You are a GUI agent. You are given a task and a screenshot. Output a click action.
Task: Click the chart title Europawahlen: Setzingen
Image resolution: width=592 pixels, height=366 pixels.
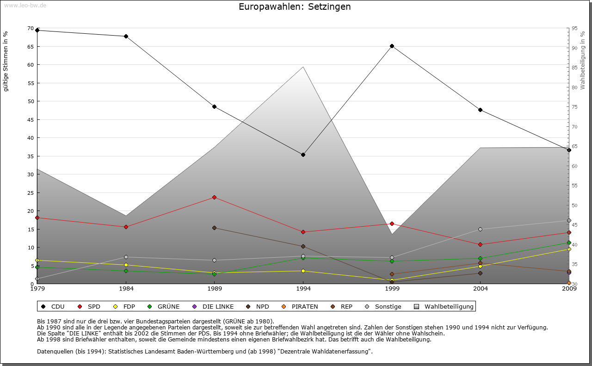pyautogui.click(x=295, y=7)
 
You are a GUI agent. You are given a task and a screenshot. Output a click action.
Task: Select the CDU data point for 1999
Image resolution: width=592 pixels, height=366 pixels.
pyautogui.click(x=392, y=46)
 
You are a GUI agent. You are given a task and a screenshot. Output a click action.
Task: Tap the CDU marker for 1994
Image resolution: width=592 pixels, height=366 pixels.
pyautogui.click(x=303, y=155)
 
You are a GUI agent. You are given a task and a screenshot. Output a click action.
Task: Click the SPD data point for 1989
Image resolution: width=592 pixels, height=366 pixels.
pyautogui.click(x=214, y=197)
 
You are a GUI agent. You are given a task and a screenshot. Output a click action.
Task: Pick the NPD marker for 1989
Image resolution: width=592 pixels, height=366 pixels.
pyautogui.click(x=214, y=228)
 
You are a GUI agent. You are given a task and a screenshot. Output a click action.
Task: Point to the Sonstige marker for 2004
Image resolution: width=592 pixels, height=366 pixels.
pyautogui.click(x=480, y=229)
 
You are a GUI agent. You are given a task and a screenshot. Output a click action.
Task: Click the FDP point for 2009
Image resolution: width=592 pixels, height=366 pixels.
pyautogui.click(x=569, y=249)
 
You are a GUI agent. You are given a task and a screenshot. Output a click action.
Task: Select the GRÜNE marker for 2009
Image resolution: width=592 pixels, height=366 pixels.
pyautogui.click(x=569, y=242)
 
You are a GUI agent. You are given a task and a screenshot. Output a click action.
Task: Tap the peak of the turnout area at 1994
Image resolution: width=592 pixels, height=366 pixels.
pyautogui.click(x=303, y=67)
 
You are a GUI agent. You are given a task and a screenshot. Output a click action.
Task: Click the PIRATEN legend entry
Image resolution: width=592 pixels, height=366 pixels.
pyautogui.click(x=301, y=306)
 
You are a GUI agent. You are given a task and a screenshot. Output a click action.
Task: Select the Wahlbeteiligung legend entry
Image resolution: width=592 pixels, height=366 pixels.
pyautogui.click(x=444, y=306)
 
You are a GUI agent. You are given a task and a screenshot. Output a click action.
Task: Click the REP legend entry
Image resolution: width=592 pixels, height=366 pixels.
pyautogui.click(x=342, y=306)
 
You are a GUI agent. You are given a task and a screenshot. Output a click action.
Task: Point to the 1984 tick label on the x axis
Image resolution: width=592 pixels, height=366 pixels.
pyautogui.click(x=126, y=290)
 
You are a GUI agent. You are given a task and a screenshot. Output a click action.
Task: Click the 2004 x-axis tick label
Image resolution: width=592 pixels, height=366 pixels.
pyautogui.click(x=480, y=290)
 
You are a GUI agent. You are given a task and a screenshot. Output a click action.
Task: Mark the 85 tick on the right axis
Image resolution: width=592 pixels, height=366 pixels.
pyautogui.click(x=574, y=68)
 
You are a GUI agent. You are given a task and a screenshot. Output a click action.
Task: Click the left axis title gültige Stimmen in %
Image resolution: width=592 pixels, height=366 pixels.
pyautogui.click(x=6, y=61)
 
